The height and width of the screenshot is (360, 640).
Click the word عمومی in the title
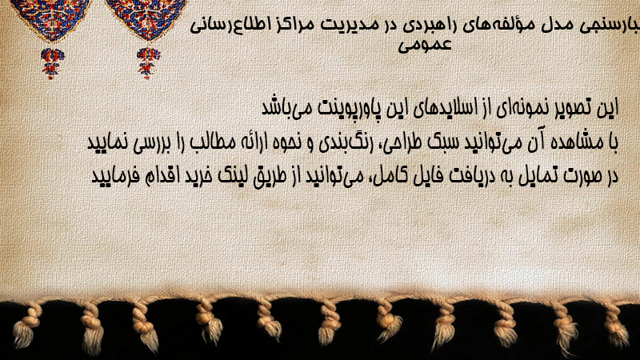(425, 45)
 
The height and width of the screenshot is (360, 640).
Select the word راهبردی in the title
(434, 26)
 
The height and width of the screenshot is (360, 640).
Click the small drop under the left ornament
(52, 62)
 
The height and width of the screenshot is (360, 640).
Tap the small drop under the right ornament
(148, 62)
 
